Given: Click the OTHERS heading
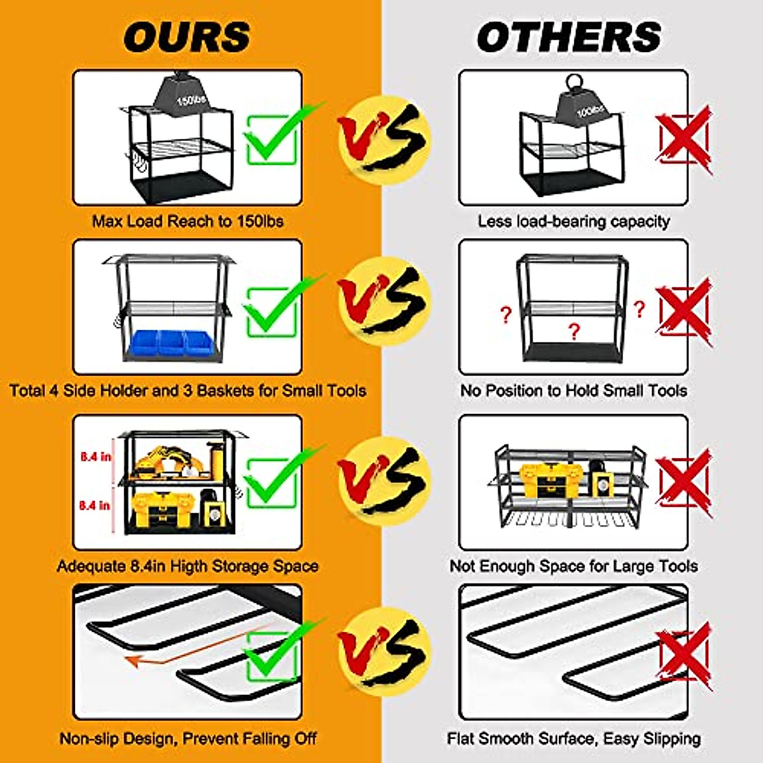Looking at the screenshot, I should point(569,37).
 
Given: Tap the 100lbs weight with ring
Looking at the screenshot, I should point(582,106).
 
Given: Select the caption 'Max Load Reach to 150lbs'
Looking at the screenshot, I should point(188,221).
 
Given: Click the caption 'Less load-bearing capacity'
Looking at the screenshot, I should point(574,221).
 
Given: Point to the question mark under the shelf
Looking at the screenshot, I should point(574,331).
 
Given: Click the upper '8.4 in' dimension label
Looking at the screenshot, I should point(95,457).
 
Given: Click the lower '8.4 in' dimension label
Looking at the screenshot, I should point(95,505).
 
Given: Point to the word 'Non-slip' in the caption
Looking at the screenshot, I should point(87,739).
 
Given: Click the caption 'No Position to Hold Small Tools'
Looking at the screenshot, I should point(574,390).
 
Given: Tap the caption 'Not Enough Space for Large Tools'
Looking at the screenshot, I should point(574,566).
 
